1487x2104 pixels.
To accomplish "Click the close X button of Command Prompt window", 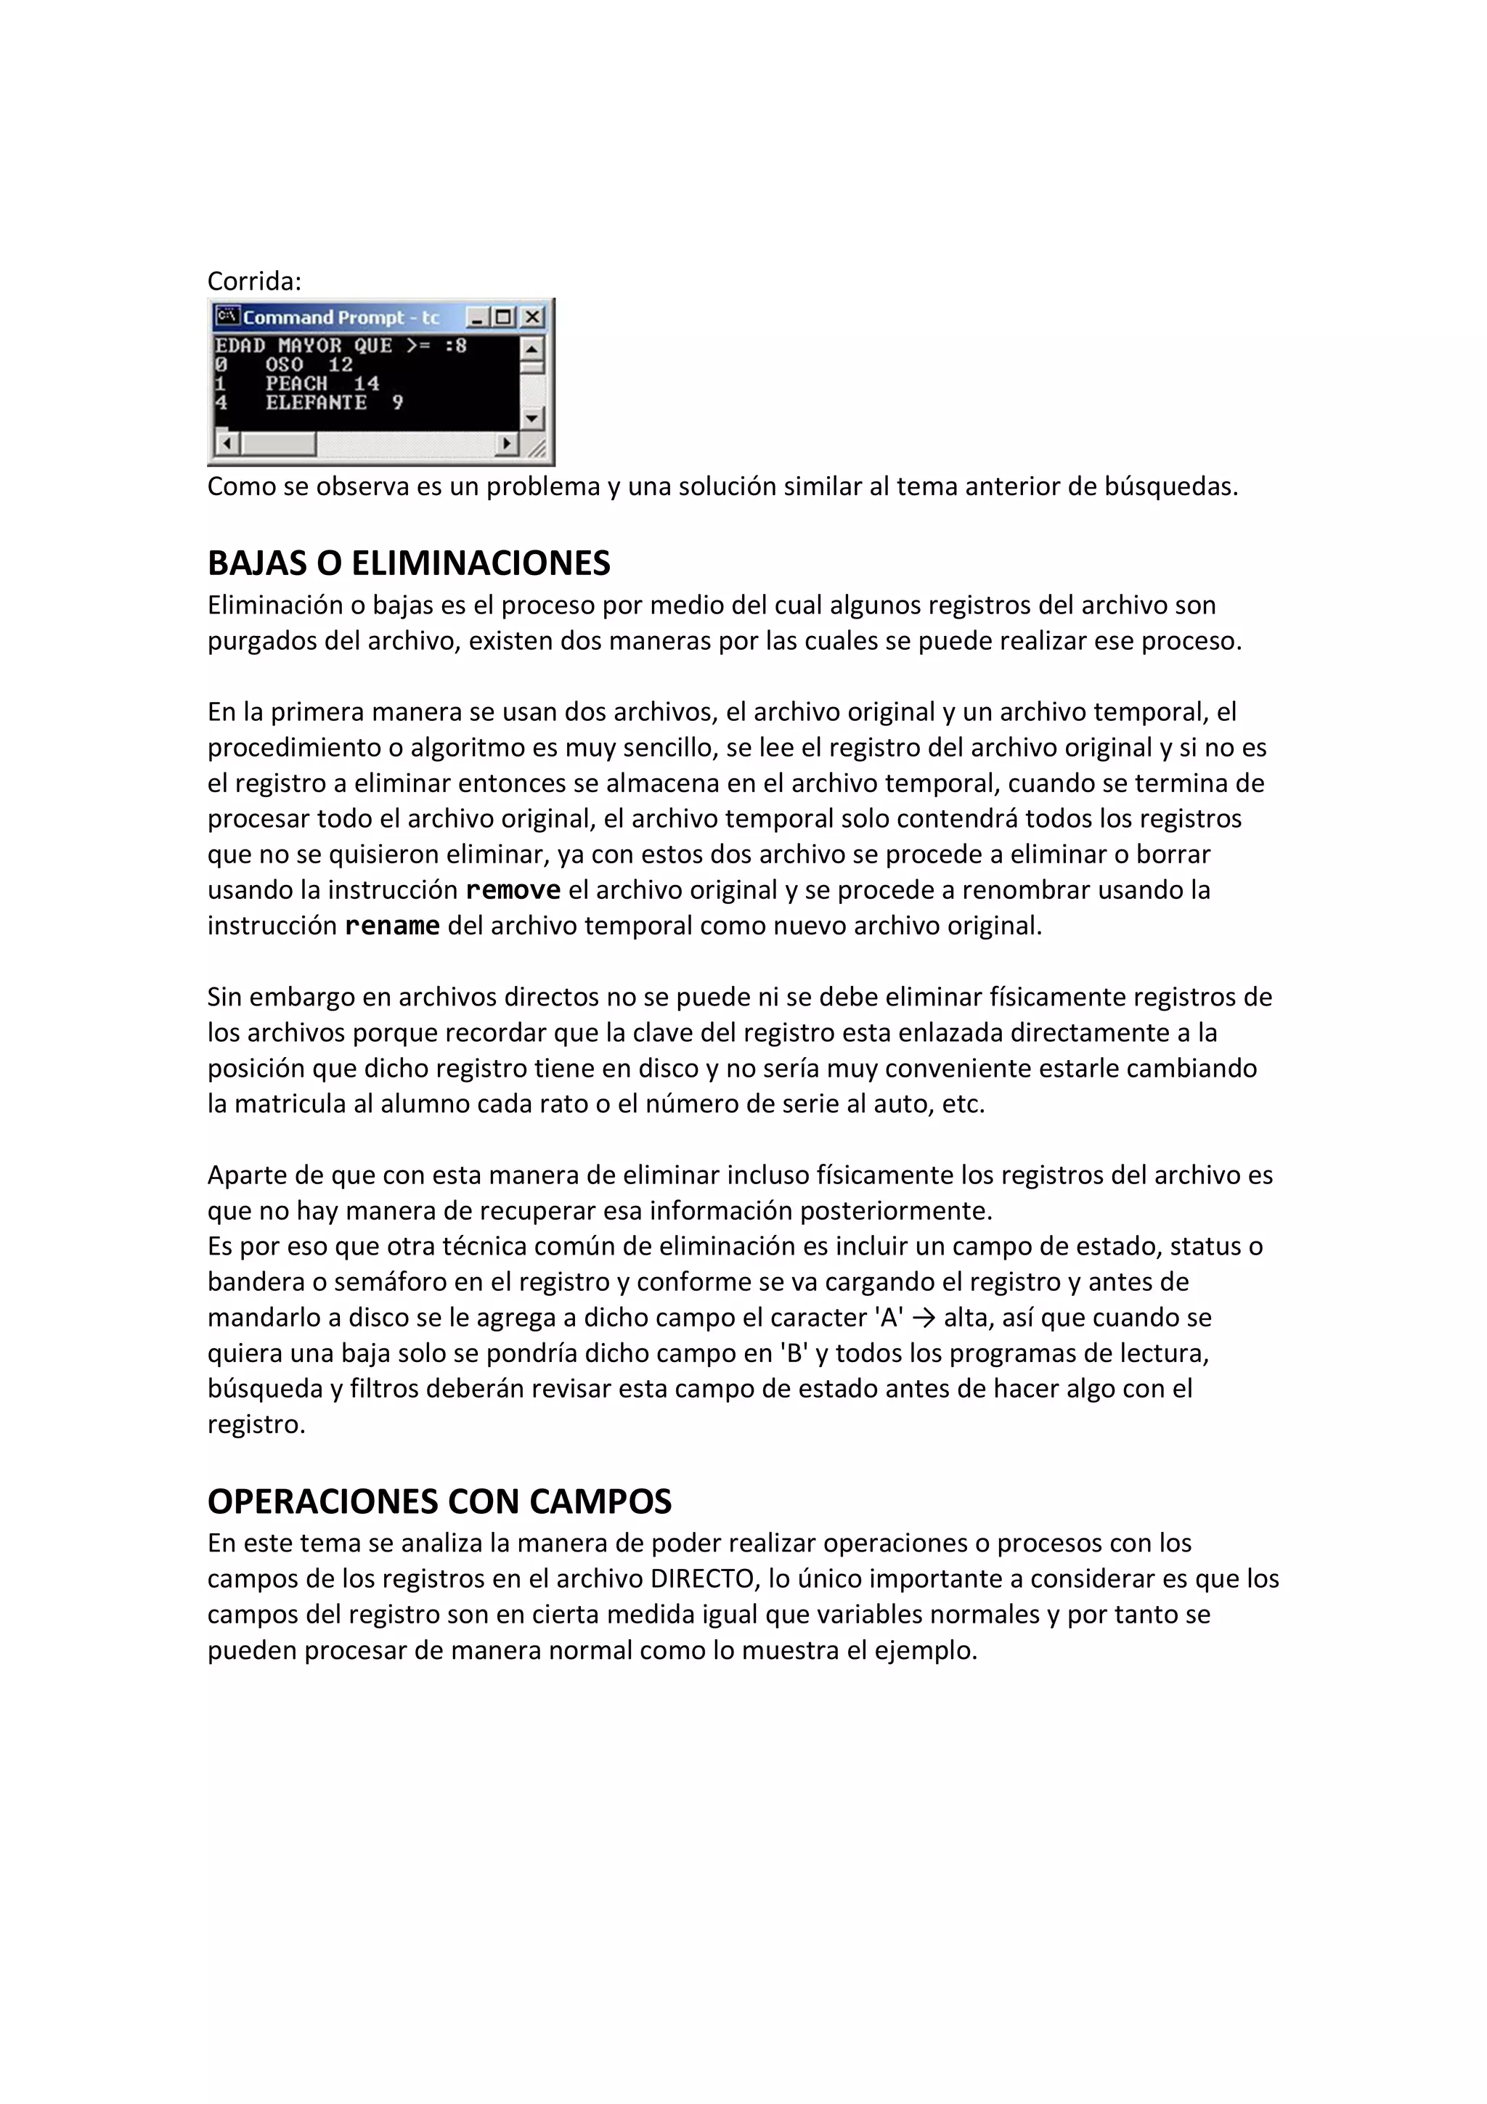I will click(532, 317).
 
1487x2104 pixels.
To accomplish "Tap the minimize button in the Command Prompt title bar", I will click(476, 317).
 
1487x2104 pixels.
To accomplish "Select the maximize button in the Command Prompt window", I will click(503, 317).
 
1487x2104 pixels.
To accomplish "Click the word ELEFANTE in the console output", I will click(316, 402).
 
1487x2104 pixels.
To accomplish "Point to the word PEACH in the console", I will click(296, 383).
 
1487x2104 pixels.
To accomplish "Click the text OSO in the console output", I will click(284, 364).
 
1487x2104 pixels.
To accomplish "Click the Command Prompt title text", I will click(341, 317).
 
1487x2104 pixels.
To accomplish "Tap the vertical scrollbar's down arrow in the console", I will click(531, 419).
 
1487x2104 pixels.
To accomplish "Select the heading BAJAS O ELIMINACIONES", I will click(409, 563).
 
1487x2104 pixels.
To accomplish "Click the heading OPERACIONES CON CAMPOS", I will click(439, 1501).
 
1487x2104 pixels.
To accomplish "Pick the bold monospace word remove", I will click(513, 890).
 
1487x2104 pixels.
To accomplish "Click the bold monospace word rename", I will click(392, 926).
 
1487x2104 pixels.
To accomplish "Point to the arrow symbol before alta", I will click(924, 1318).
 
